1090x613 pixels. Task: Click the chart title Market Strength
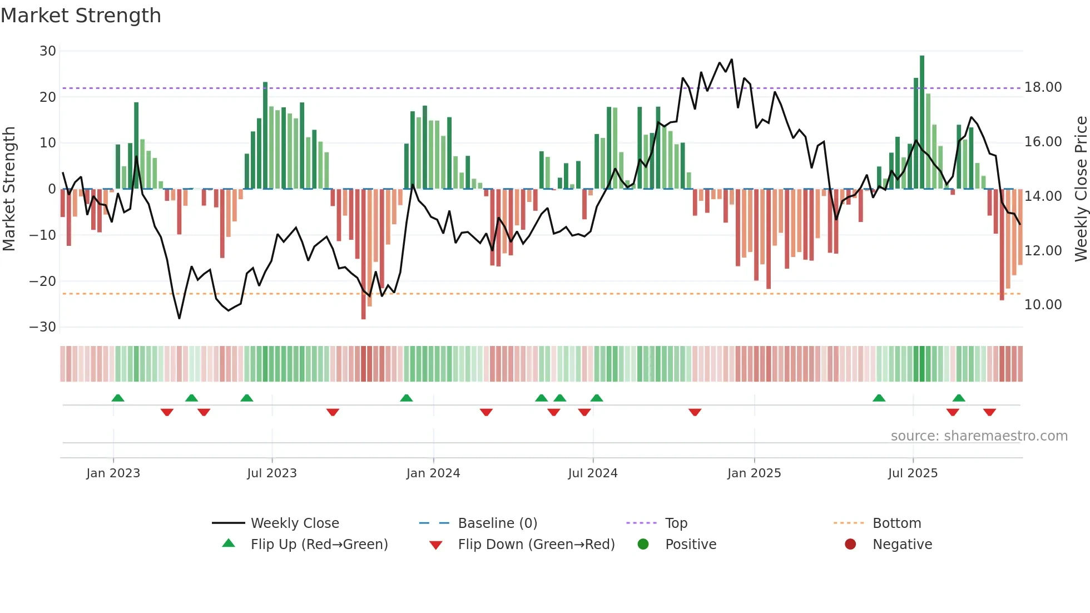coord(81,16)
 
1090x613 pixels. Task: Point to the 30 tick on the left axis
coord(48,51)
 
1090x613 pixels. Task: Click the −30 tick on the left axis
coord(43,327)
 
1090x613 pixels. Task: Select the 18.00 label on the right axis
coord(1043,87)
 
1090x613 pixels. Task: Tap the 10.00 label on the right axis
coord(1043,305)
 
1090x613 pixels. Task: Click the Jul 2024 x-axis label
coord(592,473)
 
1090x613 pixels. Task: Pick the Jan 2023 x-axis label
coord(113,473)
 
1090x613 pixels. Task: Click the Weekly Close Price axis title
coord(1081,189)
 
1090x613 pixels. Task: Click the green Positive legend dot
coord(643,545)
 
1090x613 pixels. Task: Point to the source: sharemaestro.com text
coord(979,436)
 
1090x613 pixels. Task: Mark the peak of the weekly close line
coord(731,60)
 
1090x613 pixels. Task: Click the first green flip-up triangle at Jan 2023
coord(118,398)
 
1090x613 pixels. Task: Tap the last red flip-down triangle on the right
coord(989,412)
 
